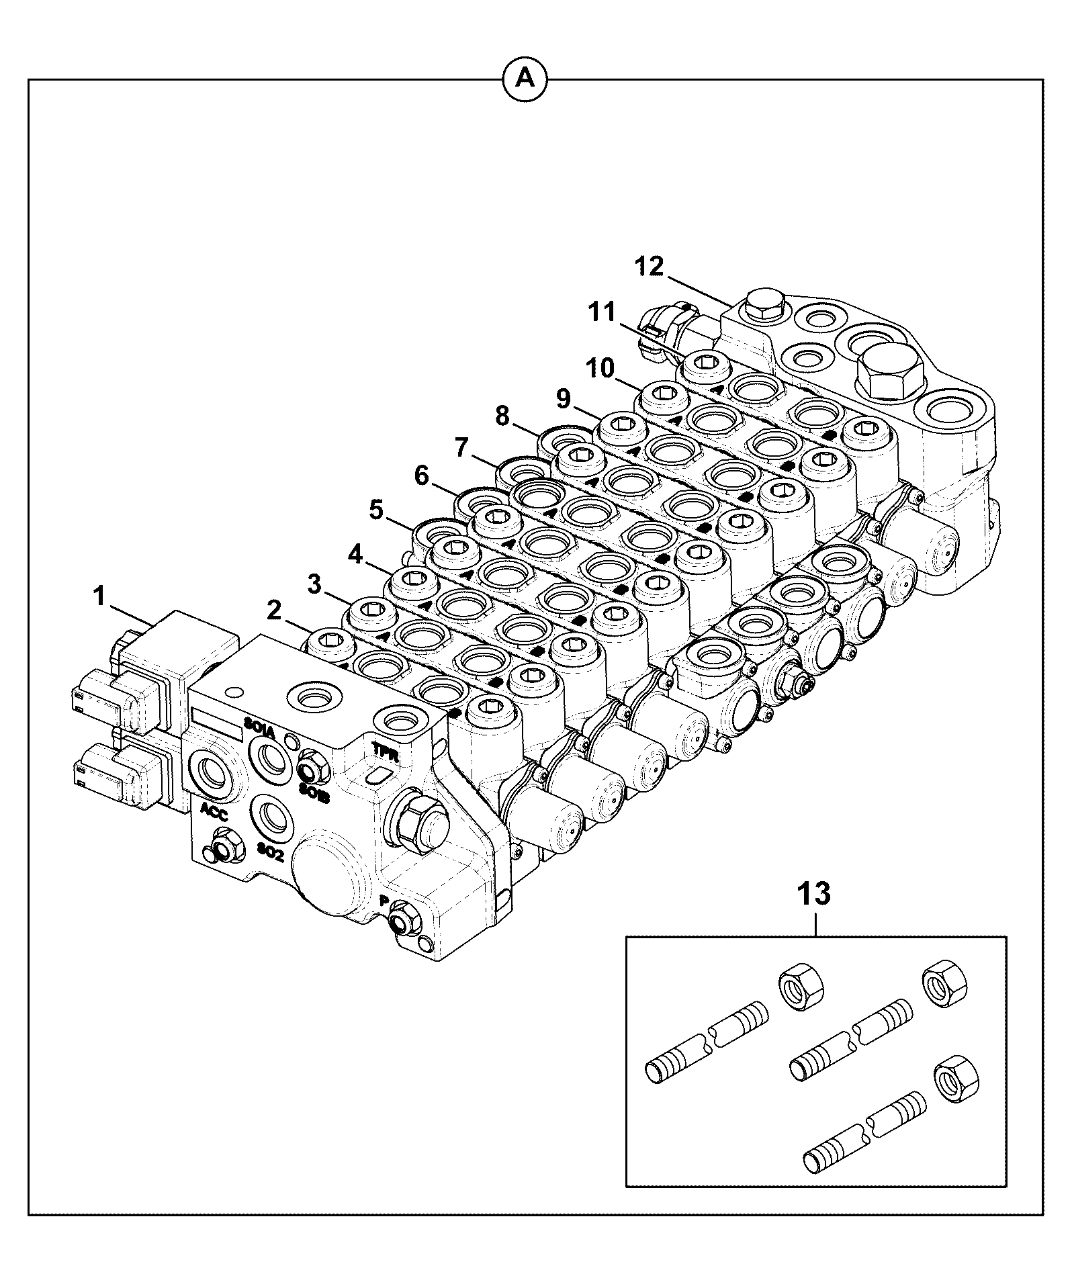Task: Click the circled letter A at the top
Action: click(x=525, y=80)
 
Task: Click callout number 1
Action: click(x=100, y=596)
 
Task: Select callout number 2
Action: click(x=273, y=610)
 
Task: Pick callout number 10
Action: click(x=599, y=368)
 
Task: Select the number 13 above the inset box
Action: click(x=815, y=894)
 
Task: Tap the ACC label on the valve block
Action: click(x=213, y=815)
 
